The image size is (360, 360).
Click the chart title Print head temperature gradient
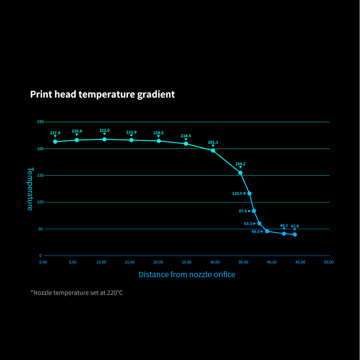(103, 94)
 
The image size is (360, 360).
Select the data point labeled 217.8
(55, 141)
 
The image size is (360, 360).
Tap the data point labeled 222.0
(104, 139)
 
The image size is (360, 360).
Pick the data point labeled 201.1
(213, 150)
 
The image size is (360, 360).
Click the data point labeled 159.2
(240, 173)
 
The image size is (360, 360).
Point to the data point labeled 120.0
(249, 193)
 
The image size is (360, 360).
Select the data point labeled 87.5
(254, 211)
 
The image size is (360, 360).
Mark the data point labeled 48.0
(267, 231)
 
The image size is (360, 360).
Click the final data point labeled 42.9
(295, 234)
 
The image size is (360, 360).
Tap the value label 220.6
(77, 131)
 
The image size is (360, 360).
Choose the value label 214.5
(186, 136)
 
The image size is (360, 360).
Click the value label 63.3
(248, 224)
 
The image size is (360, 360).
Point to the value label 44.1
(284, 225)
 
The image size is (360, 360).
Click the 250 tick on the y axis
(40, 122)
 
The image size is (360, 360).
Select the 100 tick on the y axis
(40, 202)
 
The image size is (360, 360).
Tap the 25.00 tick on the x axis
(186, 262)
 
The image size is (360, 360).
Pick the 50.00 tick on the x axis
(329, 262)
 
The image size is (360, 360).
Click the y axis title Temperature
(30, 189)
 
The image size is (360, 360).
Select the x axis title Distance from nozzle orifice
(187, 275)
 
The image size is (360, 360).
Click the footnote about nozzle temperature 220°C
(77, 293)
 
